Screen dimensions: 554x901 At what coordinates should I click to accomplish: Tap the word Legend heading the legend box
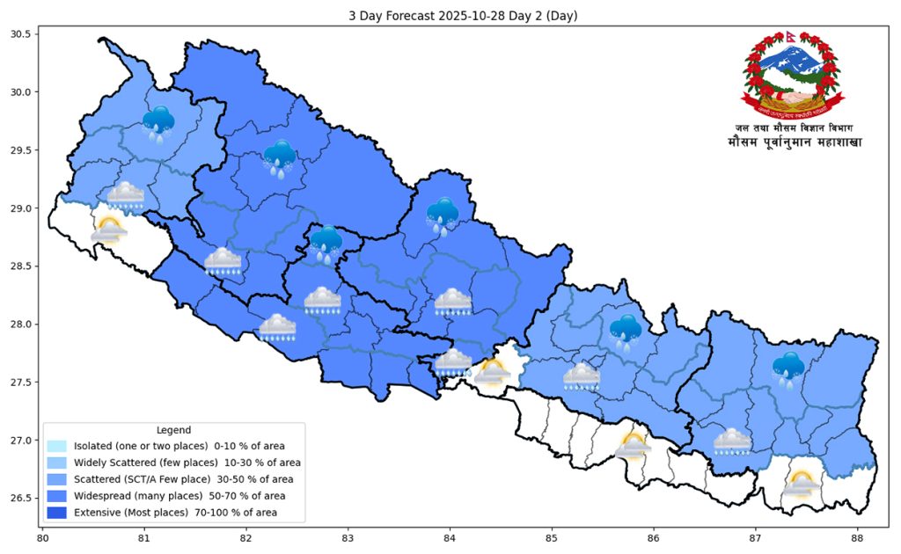click(173, 430)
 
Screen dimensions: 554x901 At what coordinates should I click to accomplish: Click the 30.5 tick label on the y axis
click(20, 34)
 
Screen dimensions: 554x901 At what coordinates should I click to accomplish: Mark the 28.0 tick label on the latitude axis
click(20, 324)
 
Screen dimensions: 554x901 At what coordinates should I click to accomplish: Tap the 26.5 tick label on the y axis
click(20, 499)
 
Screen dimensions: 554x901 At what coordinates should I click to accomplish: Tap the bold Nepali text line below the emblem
click(794, 142)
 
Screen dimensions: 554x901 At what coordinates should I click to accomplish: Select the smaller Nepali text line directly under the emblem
click(794, 128)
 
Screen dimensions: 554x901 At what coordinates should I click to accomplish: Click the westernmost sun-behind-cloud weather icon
click(108, 230)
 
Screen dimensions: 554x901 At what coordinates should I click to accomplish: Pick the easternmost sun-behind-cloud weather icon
click(800, 484)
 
